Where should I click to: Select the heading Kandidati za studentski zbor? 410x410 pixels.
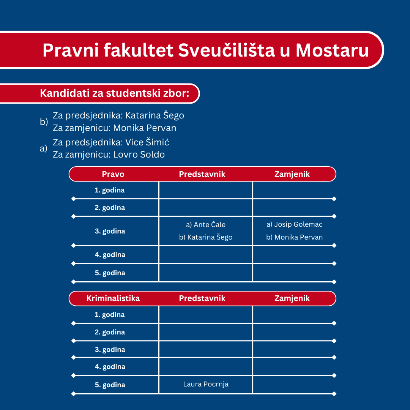tap(114, 93)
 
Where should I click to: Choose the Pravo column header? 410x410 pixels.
tap(113, 174)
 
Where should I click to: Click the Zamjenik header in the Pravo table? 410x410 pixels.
tap(292, 174)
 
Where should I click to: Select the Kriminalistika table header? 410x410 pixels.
tap(113, 298)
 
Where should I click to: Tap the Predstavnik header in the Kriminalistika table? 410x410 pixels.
tap(202, 298)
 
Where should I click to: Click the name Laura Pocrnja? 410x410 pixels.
tap(206, 384)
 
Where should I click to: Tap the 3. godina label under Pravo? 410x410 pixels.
tap(110, 231)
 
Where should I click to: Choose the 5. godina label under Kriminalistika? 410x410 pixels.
tap(110, 385)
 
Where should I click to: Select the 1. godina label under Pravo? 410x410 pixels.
tap(110, 190)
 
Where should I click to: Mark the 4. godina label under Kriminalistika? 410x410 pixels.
tap(110, 367)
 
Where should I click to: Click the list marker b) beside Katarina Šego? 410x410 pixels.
tap(44, 122)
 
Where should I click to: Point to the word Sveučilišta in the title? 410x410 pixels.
tap(226, 50)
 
